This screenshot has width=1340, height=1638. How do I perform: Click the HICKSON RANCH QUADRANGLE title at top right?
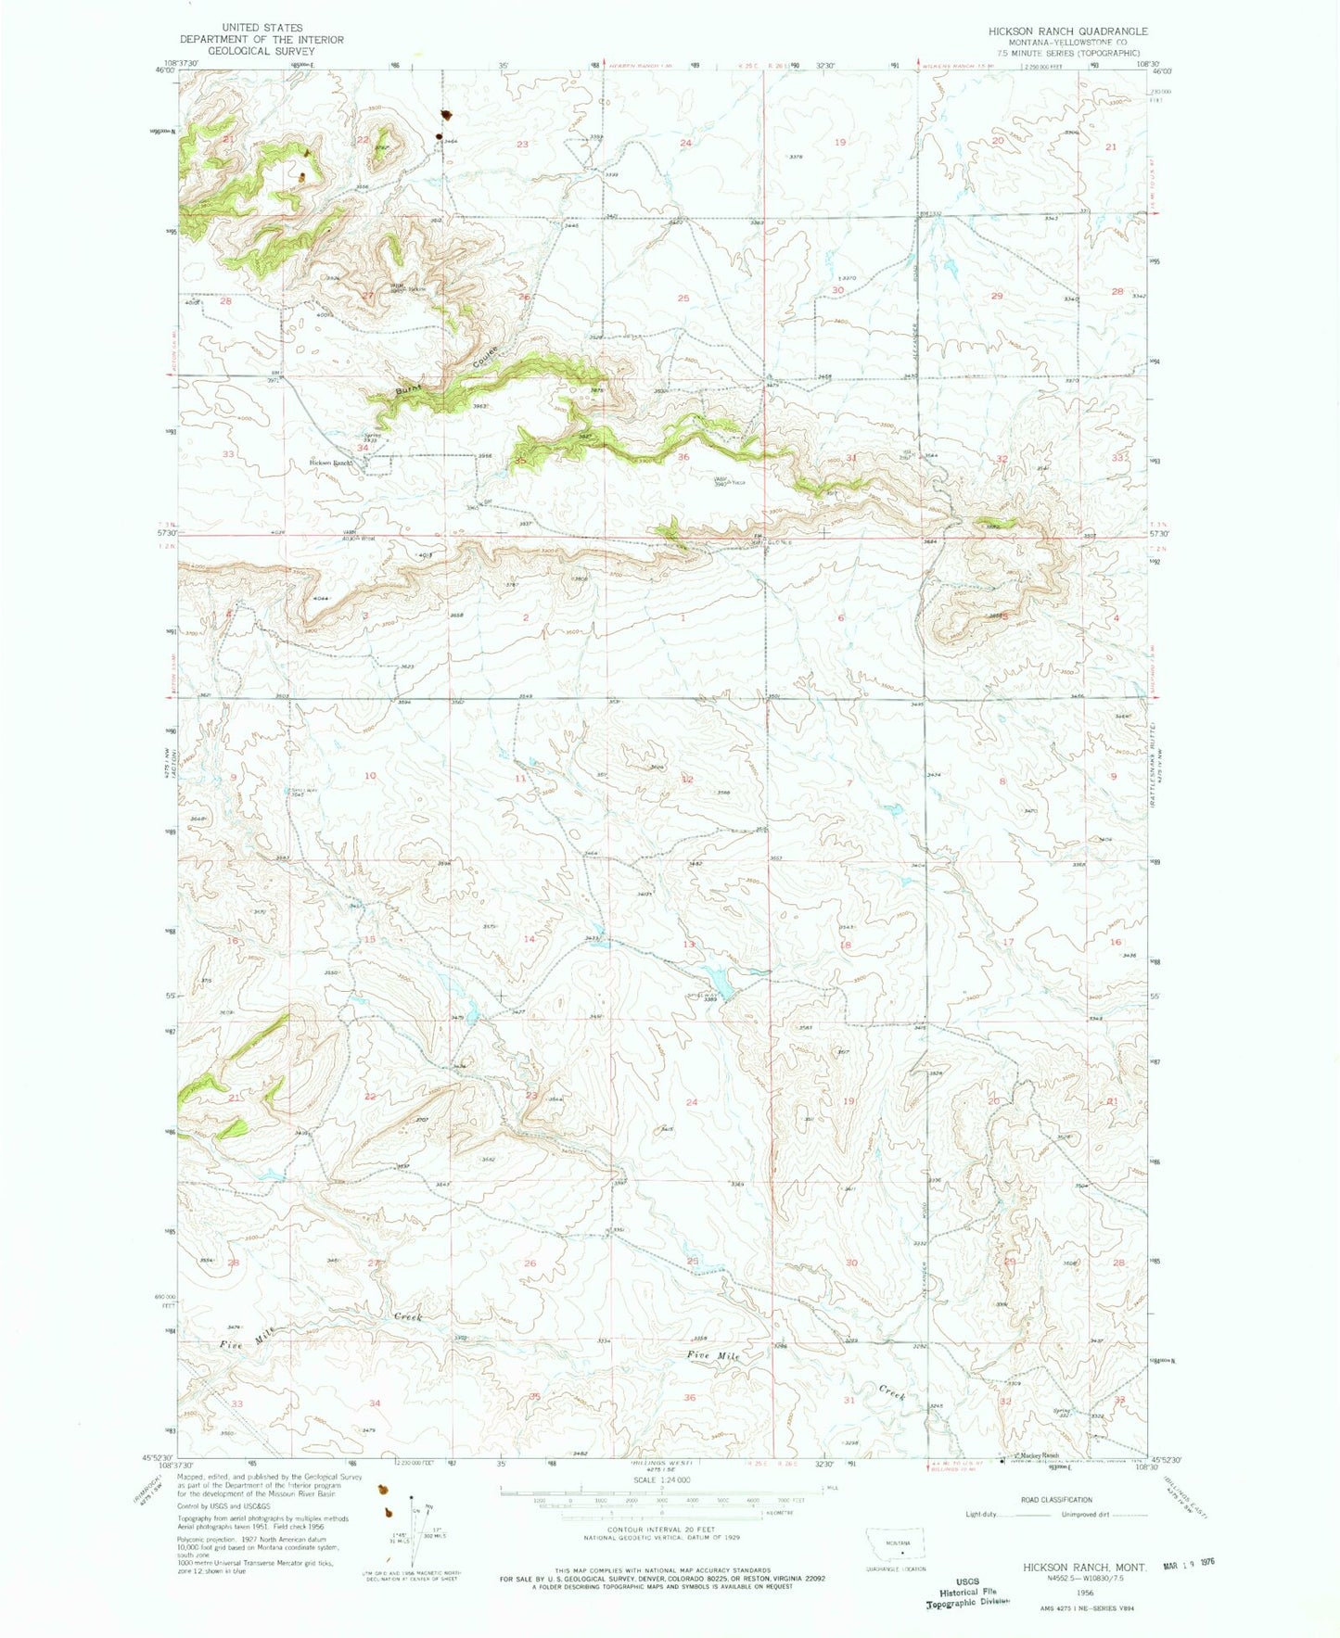pyautogui.click(x=1067, y=31)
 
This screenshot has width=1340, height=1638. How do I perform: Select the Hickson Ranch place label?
pyautogui.click(x=331, y=463)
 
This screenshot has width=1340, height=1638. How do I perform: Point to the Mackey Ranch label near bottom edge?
pyautogui.click(x=1039, y=1454)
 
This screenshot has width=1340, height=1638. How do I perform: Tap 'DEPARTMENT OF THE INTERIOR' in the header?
pyautogui.click(x=262, y=40)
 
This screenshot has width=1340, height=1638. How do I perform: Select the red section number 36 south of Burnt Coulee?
pyautogui.click(x=683, y=456)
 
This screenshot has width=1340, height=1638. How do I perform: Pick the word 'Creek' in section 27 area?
pyautogui.click(x=407, y=1316)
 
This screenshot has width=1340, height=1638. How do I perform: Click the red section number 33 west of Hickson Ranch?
pyautogui.click(x=228, y=454)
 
